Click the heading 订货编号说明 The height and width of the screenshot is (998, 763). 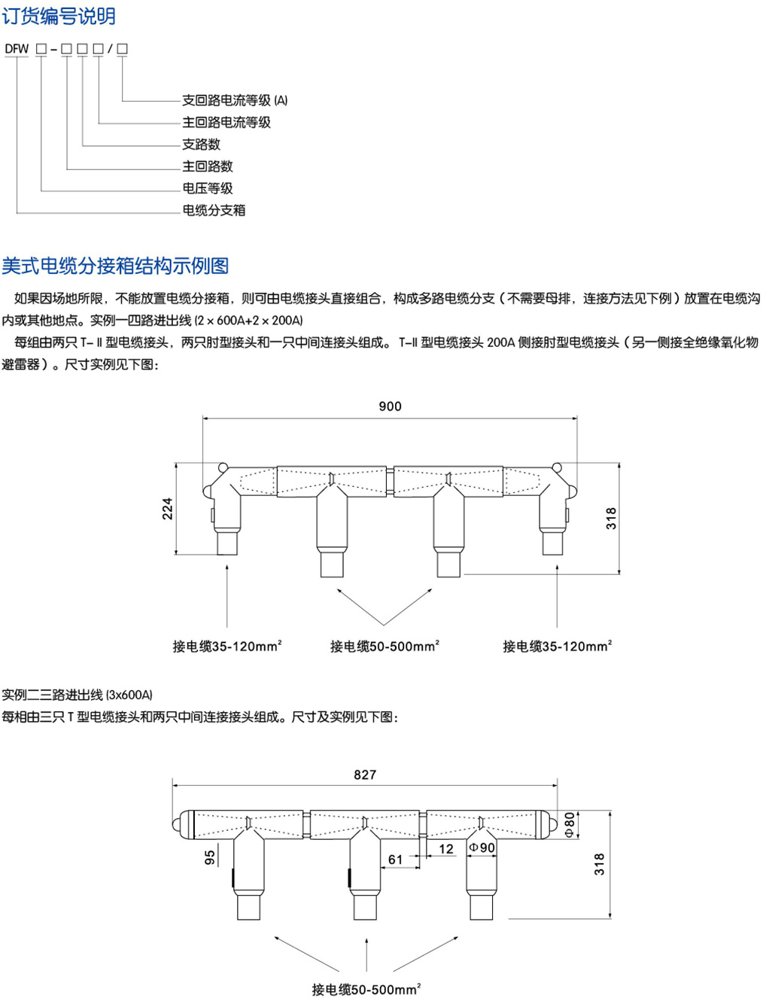tap(59, 16)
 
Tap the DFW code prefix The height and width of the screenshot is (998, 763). tap(17, 49)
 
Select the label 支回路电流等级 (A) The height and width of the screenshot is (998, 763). tap(235, 100)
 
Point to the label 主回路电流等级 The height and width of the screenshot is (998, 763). tap(226, 122)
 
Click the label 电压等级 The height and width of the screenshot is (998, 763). tap(207, 188)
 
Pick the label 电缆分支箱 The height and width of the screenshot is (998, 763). tap(214, 210)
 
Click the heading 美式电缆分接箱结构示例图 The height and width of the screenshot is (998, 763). tap(115, 266)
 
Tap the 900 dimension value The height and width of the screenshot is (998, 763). tap(390, 406)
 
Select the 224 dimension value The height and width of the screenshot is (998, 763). tap(168, 509)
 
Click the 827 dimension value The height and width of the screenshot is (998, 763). tap(365, 774)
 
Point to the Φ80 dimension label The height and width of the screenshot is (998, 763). tap(570, 823)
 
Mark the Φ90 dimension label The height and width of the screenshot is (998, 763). tap(482, 847)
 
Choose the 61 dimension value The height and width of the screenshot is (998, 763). tap(396, 859)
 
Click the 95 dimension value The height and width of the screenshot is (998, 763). tap(210, 857)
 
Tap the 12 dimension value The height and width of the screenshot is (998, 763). tap(446, 849)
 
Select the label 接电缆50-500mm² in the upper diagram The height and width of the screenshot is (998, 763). tap(385, 646)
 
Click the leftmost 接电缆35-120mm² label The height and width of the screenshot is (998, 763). tap(227, 646)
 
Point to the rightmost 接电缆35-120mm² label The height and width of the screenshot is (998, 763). tap(557, 646)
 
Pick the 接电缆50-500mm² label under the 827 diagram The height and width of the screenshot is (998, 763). tap(366, 989)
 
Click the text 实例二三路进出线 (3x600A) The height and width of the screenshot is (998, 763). tap(77, 695)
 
